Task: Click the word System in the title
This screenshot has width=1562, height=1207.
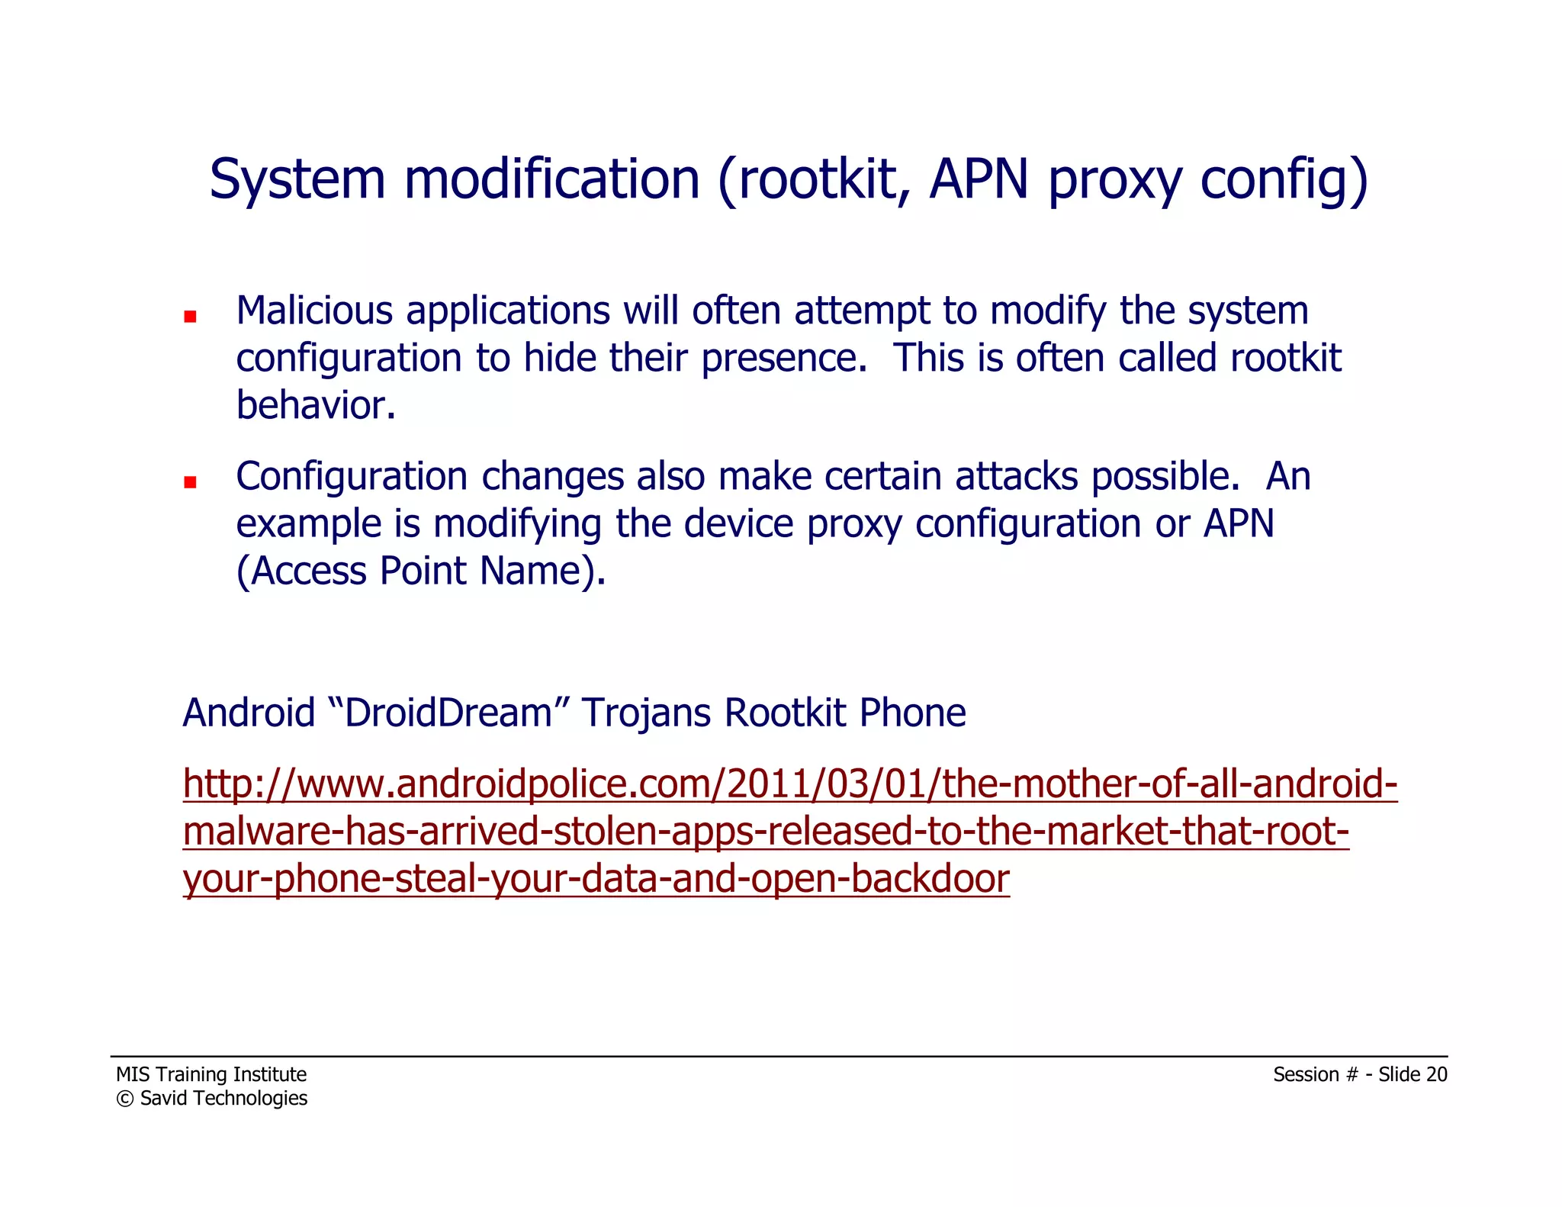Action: pos(297,179)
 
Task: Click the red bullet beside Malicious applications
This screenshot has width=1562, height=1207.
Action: pos(190,316)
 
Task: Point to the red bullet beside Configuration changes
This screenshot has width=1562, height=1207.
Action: pos(190,481)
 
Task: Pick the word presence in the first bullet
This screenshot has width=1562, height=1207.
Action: pos(783,359)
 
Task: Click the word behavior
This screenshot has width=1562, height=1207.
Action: pos(314,405)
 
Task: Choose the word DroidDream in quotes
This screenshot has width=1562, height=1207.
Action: pos(448,713)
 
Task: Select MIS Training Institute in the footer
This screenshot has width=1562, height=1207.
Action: pos(211,1074)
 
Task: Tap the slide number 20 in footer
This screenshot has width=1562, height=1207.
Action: pos(1436,1074)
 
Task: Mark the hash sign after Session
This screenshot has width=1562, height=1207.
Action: pos(1351,1074)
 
